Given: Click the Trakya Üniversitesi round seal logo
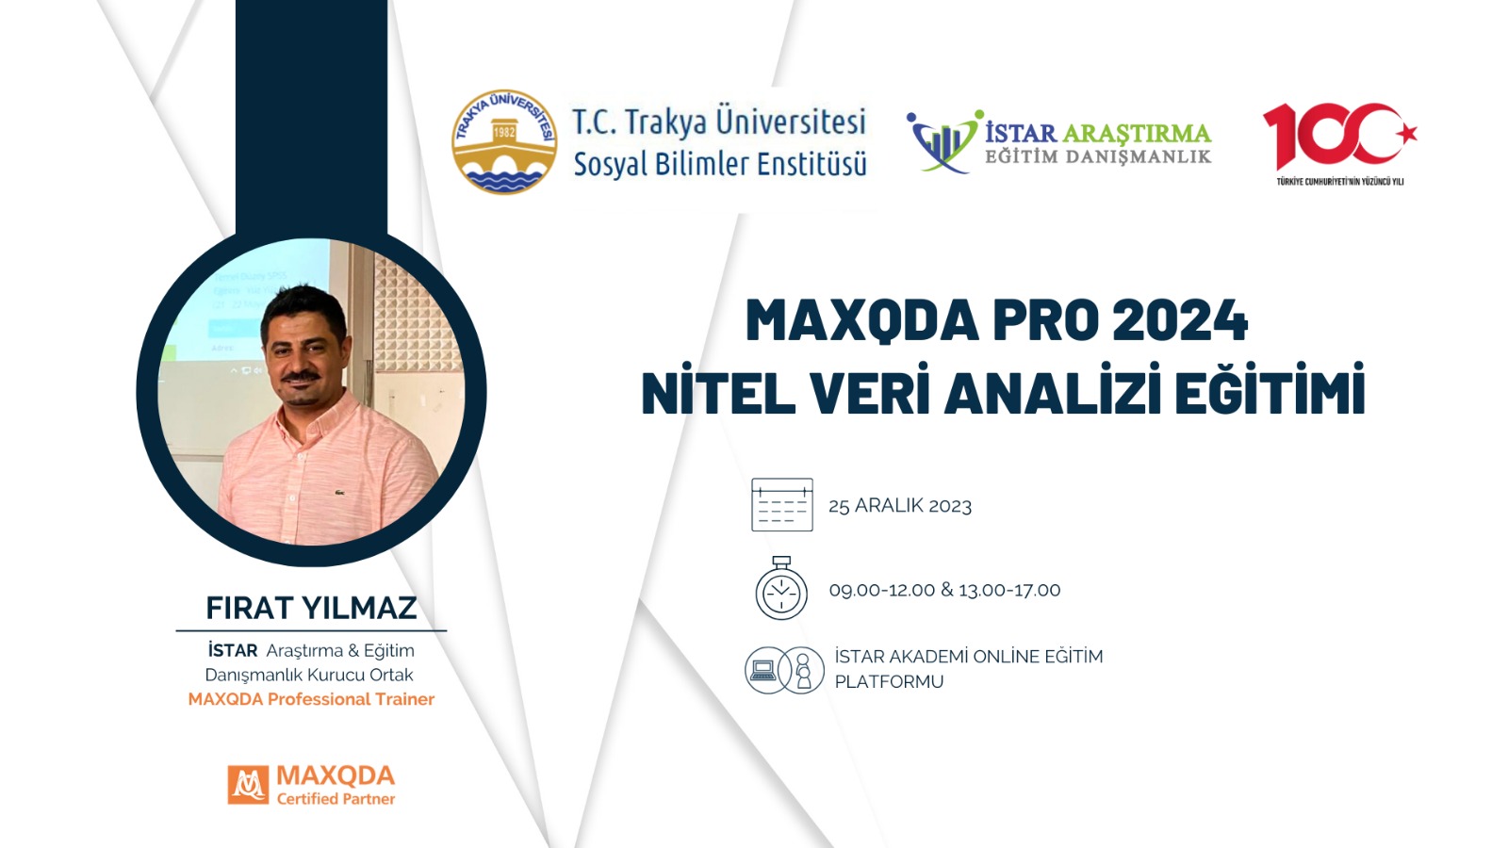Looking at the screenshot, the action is [x=504, y=142].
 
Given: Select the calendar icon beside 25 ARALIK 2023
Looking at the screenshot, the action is [x=781, y=505].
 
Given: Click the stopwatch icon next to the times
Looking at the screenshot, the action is [x=781, y=588].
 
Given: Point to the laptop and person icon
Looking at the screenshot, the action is [x=784, y=670].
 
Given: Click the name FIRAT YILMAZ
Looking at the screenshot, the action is [x=311, y=608].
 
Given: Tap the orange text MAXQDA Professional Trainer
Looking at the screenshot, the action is [x=311, y=699].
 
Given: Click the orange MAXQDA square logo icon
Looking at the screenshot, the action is [x=248, y=785].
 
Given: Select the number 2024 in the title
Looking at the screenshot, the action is [x=1180, y=321].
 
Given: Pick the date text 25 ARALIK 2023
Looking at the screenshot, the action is [x=900, y=506].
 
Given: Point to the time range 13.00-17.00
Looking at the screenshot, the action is [x=1009, y=590].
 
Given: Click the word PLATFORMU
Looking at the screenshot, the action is [x=889, y=682].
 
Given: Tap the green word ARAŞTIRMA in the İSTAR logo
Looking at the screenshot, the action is [x=1137, y=133].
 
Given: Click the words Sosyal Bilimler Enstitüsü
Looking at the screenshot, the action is [x=720, y=164].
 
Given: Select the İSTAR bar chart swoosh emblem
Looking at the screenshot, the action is [x=943, y=141].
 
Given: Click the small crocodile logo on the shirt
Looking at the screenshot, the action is [x=338, y=493].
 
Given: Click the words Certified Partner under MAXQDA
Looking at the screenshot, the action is [x=336, y=799].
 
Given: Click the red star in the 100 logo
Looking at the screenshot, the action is [x=1405, y=134].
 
